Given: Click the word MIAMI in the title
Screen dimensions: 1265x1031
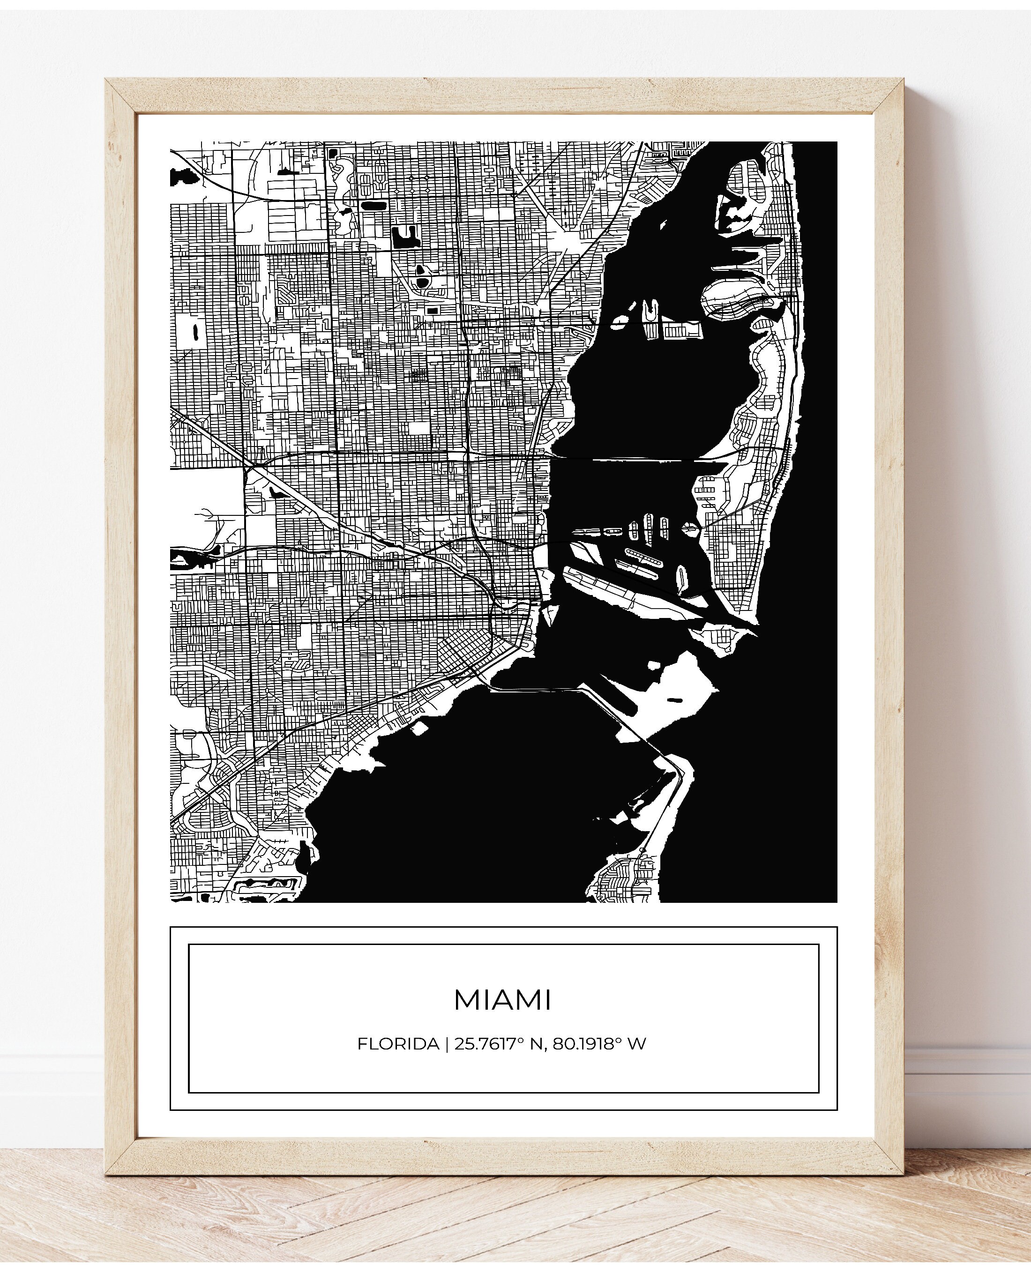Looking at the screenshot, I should point(502,1000).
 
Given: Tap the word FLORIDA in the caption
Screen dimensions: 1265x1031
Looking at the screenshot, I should point(398,1043).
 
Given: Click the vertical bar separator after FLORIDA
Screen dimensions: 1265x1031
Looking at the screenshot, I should point(447,1043).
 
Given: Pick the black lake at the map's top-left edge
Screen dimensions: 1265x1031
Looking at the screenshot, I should point(184,176).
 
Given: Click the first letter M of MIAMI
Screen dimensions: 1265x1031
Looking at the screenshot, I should point(466,1000).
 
